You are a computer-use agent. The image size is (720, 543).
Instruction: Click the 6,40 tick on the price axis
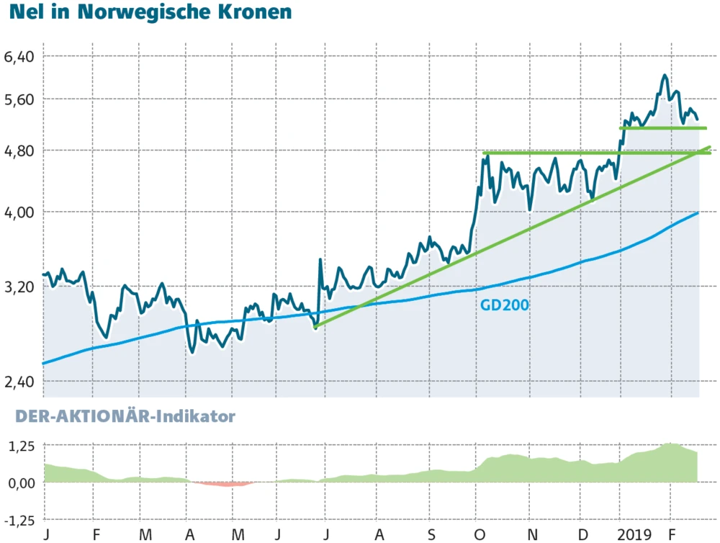(20, 55)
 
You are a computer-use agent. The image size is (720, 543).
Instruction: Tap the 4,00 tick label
(20, 212)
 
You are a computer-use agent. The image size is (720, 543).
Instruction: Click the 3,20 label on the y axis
(20, 286)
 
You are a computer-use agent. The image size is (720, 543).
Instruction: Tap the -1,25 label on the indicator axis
(19, 519)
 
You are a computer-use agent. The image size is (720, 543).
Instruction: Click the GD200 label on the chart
(505, 305)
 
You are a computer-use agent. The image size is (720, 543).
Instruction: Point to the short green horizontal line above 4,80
(662, 128)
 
